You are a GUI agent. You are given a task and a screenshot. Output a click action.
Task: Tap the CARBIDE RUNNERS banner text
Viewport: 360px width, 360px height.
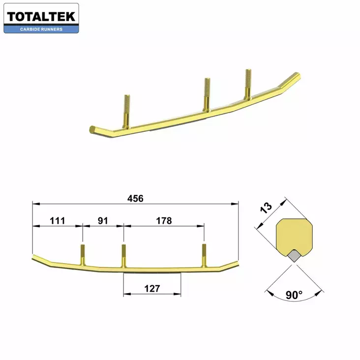click(41, 29)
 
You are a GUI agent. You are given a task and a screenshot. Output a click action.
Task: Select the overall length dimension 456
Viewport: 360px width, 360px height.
click(135, 199)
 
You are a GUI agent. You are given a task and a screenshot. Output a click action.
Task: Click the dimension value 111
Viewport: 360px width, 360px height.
click(58, 221)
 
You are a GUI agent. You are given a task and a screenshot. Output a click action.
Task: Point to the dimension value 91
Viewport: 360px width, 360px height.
click(103, 221)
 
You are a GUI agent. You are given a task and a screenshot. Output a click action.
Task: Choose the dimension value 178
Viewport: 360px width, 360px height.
click(163, 221)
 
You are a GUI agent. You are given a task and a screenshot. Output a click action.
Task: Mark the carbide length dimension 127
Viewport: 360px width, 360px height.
click(152, 289)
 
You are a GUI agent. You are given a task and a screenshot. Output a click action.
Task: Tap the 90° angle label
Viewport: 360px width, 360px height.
click(294, 295)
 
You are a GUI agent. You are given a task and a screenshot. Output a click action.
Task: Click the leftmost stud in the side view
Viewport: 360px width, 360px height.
click(83, 253)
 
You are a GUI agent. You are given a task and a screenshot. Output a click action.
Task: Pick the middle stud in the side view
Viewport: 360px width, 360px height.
click(123, 254)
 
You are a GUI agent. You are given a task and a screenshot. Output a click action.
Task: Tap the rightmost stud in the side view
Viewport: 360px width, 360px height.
click(204, 254)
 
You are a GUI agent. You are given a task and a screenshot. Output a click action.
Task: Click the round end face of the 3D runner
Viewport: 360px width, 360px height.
click(91, 130)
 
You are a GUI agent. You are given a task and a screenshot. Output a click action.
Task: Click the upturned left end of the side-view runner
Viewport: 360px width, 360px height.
click(39, 259)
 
